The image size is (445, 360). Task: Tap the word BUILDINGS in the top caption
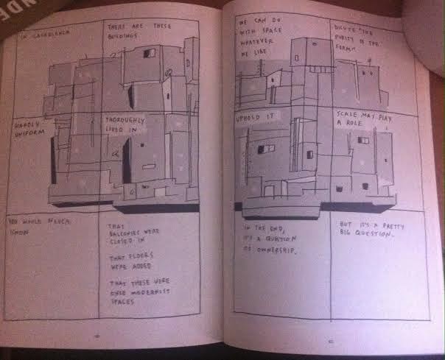tap(125, 35)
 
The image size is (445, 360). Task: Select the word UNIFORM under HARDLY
tap(30, 133)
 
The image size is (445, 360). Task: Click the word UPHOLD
tap(248, 119)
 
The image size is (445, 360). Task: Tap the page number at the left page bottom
tap(97, 336)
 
